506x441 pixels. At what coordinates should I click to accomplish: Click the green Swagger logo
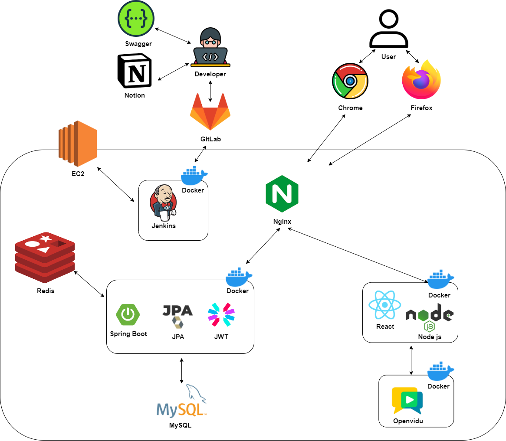point(136,19)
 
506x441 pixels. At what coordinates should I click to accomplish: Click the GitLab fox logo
point(210,111)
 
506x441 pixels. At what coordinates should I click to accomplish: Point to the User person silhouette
point(388,29)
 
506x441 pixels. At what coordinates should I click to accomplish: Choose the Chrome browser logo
point(350,82)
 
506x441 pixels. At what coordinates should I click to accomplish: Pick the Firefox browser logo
point(421,81)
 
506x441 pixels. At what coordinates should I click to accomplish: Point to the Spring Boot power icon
point(128,314)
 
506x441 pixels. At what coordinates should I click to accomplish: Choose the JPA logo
point(177,316)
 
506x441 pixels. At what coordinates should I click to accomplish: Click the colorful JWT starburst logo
point(221,314)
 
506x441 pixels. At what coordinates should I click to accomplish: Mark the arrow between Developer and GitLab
point(210,91)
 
